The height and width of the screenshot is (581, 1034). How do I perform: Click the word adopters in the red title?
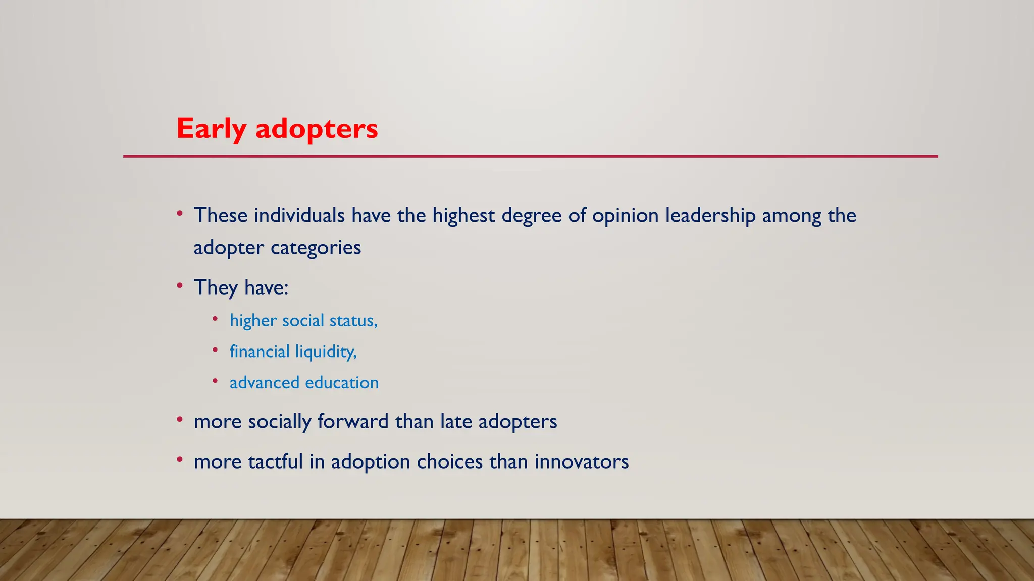tap(317, 129)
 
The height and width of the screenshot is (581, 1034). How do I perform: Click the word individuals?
tap(299, 216)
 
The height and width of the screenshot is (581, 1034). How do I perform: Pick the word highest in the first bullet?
tap(463, 216)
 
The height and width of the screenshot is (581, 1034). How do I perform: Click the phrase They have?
tap(241, 288)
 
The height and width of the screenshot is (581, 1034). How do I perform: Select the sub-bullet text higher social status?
tap(303, 321)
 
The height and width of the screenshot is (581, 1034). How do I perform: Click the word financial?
tap(260, 352)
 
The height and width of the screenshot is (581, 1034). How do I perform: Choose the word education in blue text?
tap(342, 383)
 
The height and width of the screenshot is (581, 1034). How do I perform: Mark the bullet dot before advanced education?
tap(215, 381)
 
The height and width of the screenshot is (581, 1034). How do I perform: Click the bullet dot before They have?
tap(180, 286)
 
